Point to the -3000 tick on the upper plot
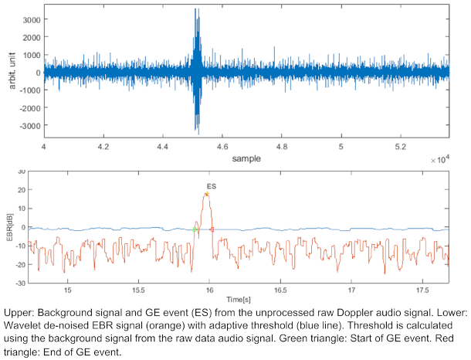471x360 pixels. coord(29,125)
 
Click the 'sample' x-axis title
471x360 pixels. coord(246,158)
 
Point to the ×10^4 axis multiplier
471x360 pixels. coord(439,158)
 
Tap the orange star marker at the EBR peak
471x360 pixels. coord(207,194)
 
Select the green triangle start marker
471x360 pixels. coord(195,229)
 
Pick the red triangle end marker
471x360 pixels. coord(212,229)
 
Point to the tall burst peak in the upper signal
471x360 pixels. coord(196,11)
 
